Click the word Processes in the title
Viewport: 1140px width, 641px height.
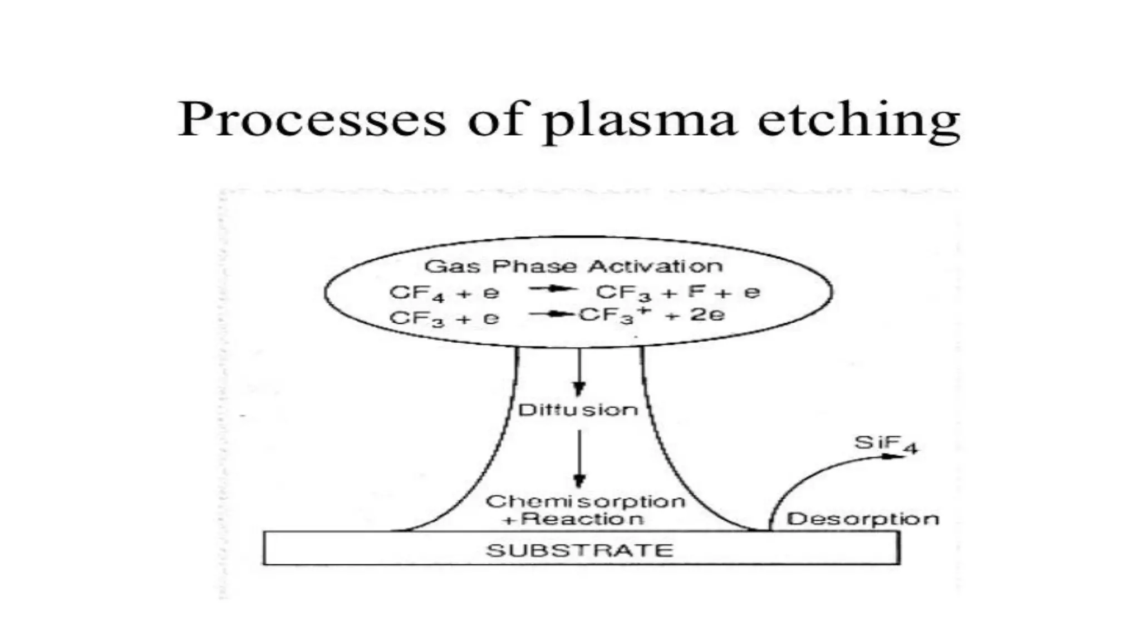click(312, 120)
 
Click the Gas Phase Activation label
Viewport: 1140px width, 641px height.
click(573, 266)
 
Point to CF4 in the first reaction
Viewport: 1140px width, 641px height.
click(416, 293)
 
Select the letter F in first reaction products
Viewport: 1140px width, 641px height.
click(696, 291)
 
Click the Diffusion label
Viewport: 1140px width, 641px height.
click(578, 410)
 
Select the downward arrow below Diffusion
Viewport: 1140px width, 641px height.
click(579, 459)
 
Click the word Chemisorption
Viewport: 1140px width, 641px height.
click(585, 501)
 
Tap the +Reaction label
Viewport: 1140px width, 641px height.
click(573, 520)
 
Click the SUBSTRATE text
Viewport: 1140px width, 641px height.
click(579, 550)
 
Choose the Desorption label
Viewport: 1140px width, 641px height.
click(862, 519)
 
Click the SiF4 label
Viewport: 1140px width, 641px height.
click(885, 444)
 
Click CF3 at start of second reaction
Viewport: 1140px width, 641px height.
click(416, 319)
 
